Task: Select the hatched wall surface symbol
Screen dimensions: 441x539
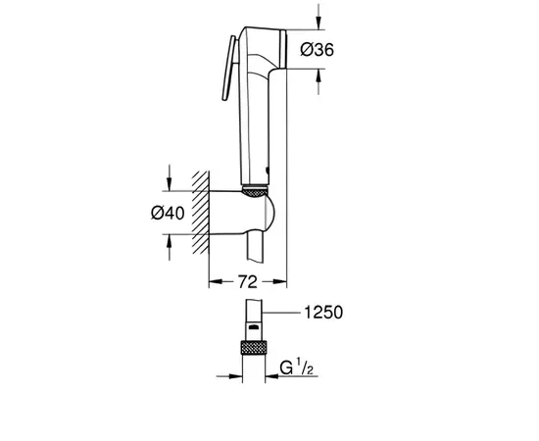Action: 202,211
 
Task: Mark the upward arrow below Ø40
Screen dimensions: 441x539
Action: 172,241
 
